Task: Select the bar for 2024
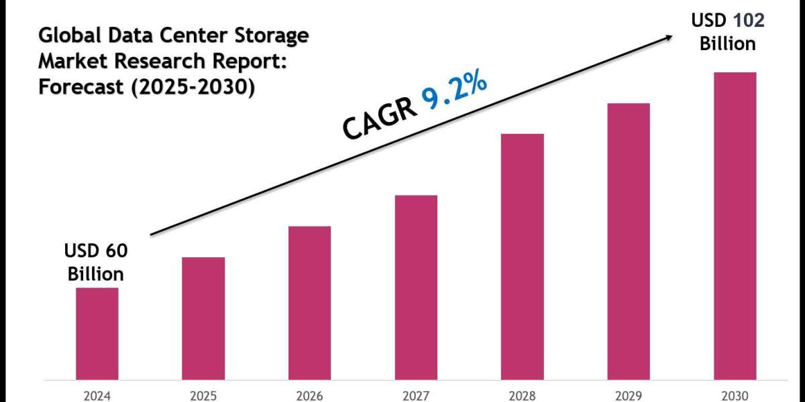pos(97,334)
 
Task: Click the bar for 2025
pos(203,318)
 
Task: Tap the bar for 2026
pos(309,303)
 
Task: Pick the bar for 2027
pos(416,287)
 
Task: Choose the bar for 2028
pos(523,257)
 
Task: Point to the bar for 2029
pos(629,241)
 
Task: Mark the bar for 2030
pos(735,226)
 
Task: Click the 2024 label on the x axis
pos(97,395)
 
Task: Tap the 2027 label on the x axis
pos(416,395)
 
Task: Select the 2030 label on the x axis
pos(735,395)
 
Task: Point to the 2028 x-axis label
pos(523,395)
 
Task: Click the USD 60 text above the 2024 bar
pos(96,251)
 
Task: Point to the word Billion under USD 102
pos(728,44)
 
